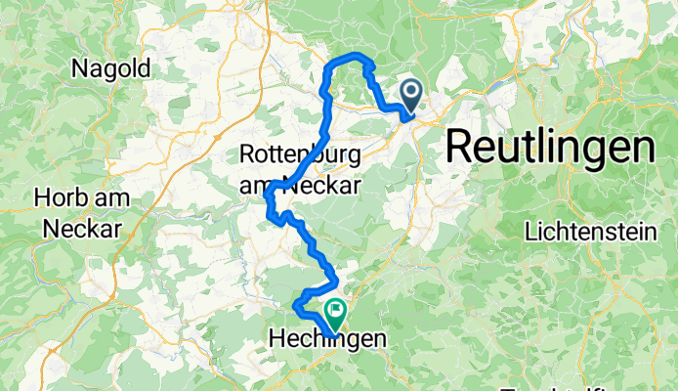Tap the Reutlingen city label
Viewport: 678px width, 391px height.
pos(550,147)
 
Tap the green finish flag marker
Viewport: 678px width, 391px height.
pos(336,314)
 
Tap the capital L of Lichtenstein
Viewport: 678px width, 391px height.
pos(530,233)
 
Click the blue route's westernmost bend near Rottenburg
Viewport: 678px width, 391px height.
pos(267,197)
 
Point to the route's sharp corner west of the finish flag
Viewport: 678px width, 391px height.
pos(295,312)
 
